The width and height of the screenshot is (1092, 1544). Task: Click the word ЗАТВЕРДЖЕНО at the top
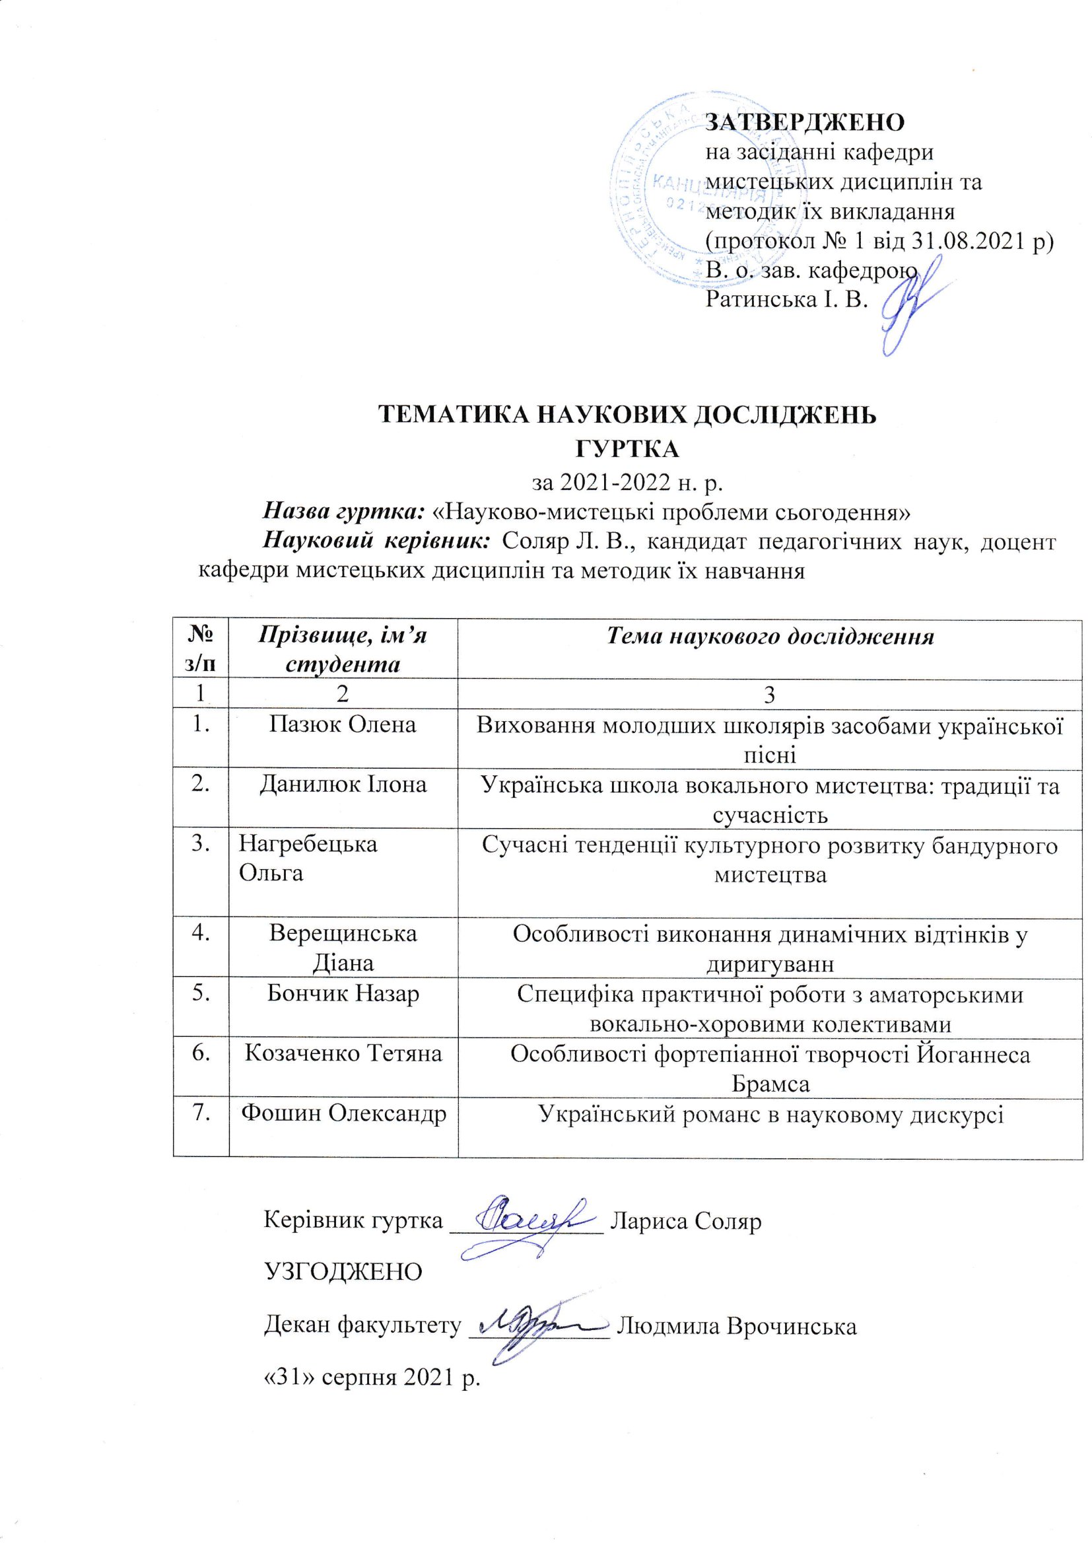point(804,122)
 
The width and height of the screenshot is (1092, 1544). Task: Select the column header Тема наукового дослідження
point(770,636)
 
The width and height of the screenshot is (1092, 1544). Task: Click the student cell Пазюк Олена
point(343,724)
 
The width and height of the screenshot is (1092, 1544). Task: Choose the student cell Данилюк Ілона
point(343,785)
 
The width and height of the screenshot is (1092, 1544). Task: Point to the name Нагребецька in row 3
point(308,844)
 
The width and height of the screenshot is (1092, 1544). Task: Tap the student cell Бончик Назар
point(343,995)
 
